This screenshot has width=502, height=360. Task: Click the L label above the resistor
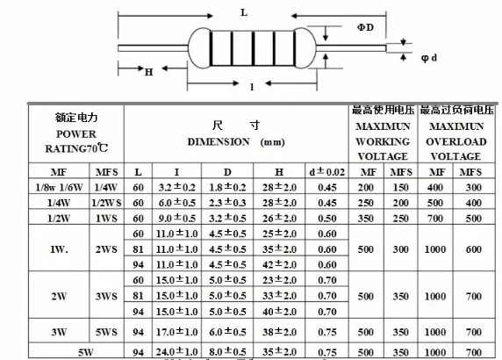[x=244, y=13]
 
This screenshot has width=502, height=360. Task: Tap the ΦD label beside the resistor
[x=365, y=28]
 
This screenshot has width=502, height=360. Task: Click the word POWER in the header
[x=75, y=133]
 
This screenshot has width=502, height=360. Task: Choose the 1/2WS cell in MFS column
[x=106, y=202]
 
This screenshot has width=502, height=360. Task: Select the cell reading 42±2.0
[x=278, y=264]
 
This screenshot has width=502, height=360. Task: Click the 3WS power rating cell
[x=106, y=296]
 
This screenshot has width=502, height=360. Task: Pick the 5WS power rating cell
[x=106, y=334]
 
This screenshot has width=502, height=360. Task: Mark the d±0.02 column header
[x=326, y=171]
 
